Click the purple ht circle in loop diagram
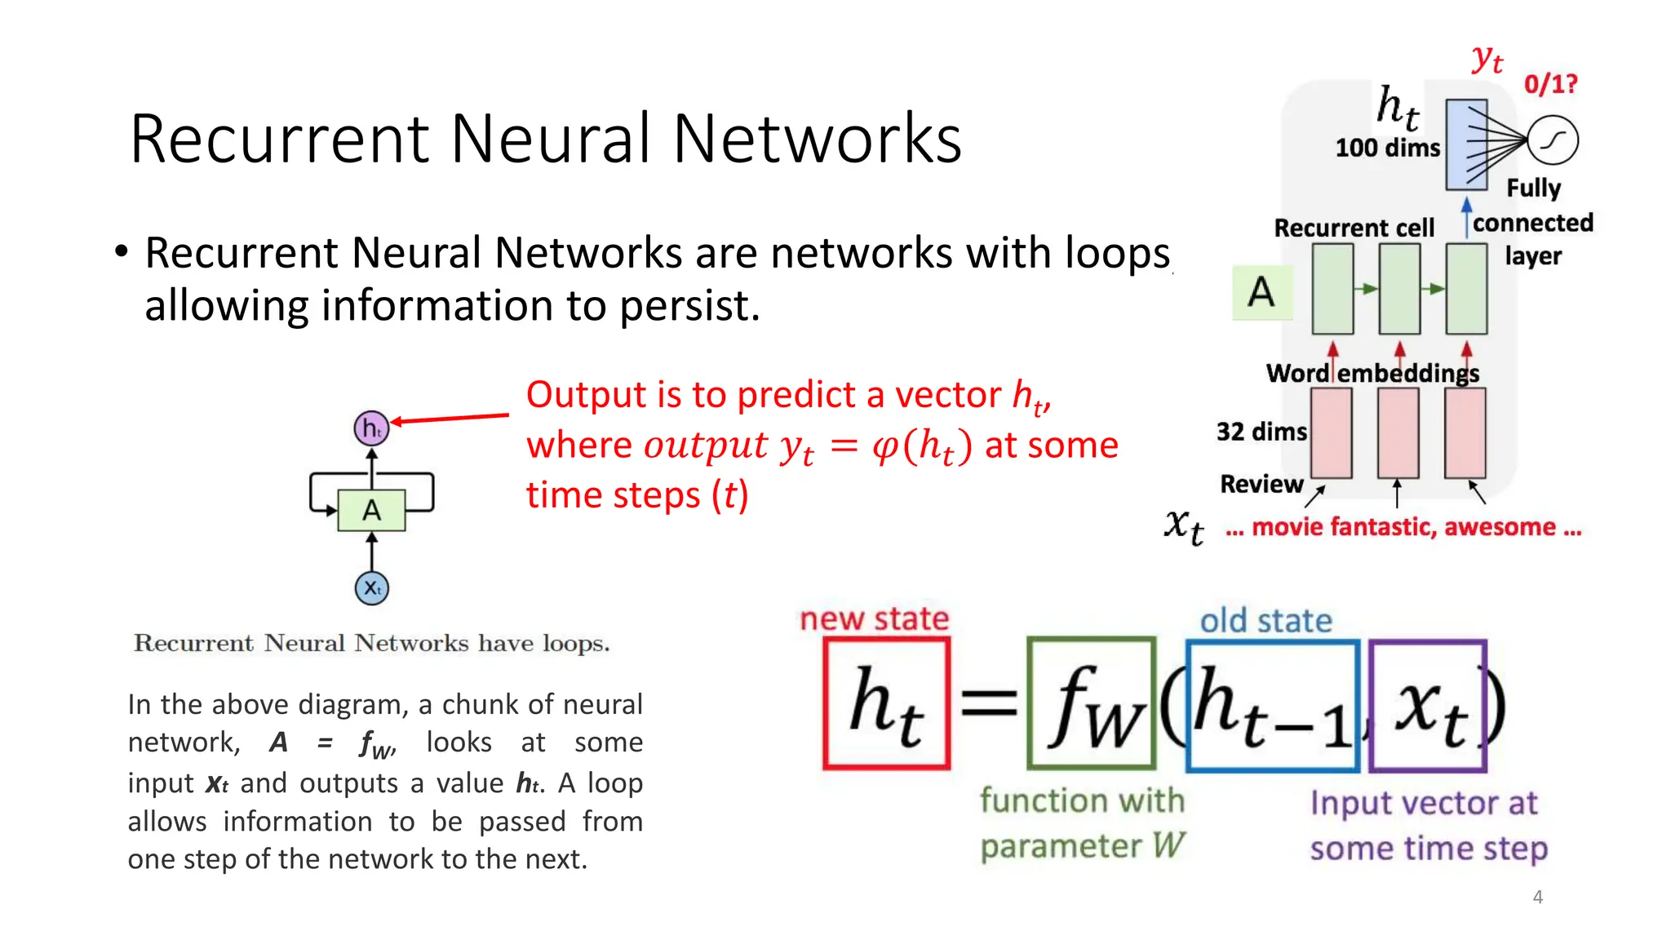click(371, 428)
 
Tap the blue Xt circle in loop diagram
click(371, 587)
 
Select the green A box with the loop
click(371, 510)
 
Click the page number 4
click(1537, 897)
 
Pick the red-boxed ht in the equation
click(887, 703)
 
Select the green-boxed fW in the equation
click(1092, 703)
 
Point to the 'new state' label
click(874, 619)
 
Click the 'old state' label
click(1265, 621)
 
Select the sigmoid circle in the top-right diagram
click(1553, 140)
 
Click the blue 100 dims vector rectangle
click(1465, 144)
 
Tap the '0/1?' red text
click(1550, 83)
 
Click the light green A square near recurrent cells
click(1261, 291)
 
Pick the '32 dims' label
click(1261, 431)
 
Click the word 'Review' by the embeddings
click(1261, 484)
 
